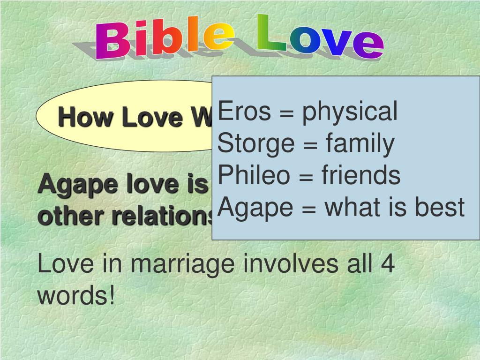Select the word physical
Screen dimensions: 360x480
349,112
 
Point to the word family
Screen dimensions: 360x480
360,144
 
